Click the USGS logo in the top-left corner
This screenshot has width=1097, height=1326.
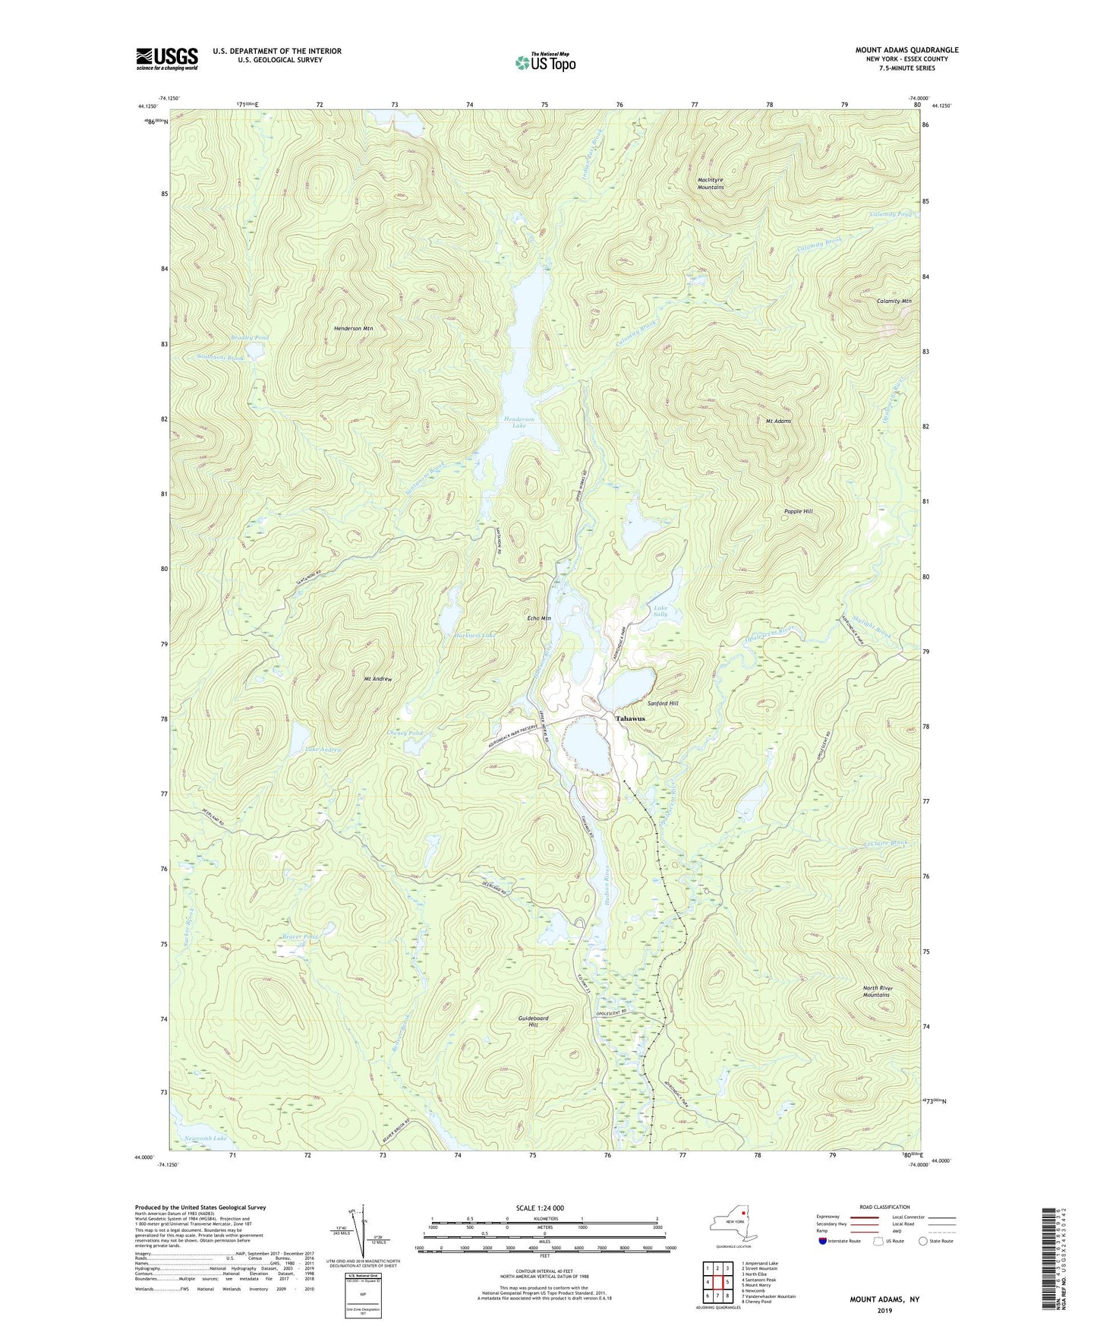(167, 58)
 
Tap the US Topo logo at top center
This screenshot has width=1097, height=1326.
(544, 62)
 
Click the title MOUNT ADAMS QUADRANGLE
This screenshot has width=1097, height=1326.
(906, 50)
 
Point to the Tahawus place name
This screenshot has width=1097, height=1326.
(630, 718)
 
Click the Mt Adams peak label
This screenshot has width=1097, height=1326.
(778, 421)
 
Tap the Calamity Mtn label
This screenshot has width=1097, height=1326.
(894, 301)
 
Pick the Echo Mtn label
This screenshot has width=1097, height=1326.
(538, 618)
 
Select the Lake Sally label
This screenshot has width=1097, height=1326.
(660, 610)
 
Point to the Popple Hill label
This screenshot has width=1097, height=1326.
(798, 511)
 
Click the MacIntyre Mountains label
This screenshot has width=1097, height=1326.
(711, 183)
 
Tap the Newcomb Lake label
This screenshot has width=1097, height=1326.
(205, 1138)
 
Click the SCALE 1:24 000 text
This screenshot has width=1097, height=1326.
(540, 1208)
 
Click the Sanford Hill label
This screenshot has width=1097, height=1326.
(662, 703)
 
